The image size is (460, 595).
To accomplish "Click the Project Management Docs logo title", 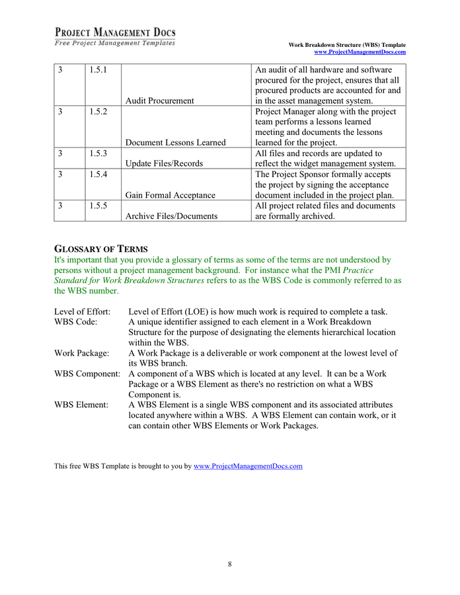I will point(115,32).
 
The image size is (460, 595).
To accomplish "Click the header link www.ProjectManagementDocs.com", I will point(360,52).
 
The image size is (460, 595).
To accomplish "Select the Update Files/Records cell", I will point(164,163).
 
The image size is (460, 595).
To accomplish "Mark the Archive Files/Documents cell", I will point(171,216).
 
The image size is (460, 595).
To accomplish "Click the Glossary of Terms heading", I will point(100,249).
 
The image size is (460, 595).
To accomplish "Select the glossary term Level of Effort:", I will point(82,311).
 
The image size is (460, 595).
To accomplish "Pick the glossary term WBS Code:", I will point(75,322).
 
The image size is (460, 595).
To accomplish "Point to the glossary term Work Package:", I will point(81,353).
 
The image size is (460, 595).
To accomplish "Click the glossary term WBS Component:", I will point(87,374).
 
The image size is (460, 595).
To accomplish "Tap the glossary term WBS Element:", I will point(81,405).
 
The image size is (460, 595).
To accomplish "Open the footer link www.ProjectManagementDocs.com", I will point(248,466).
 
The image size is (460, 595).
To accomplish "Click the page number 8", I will point(230,564).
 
